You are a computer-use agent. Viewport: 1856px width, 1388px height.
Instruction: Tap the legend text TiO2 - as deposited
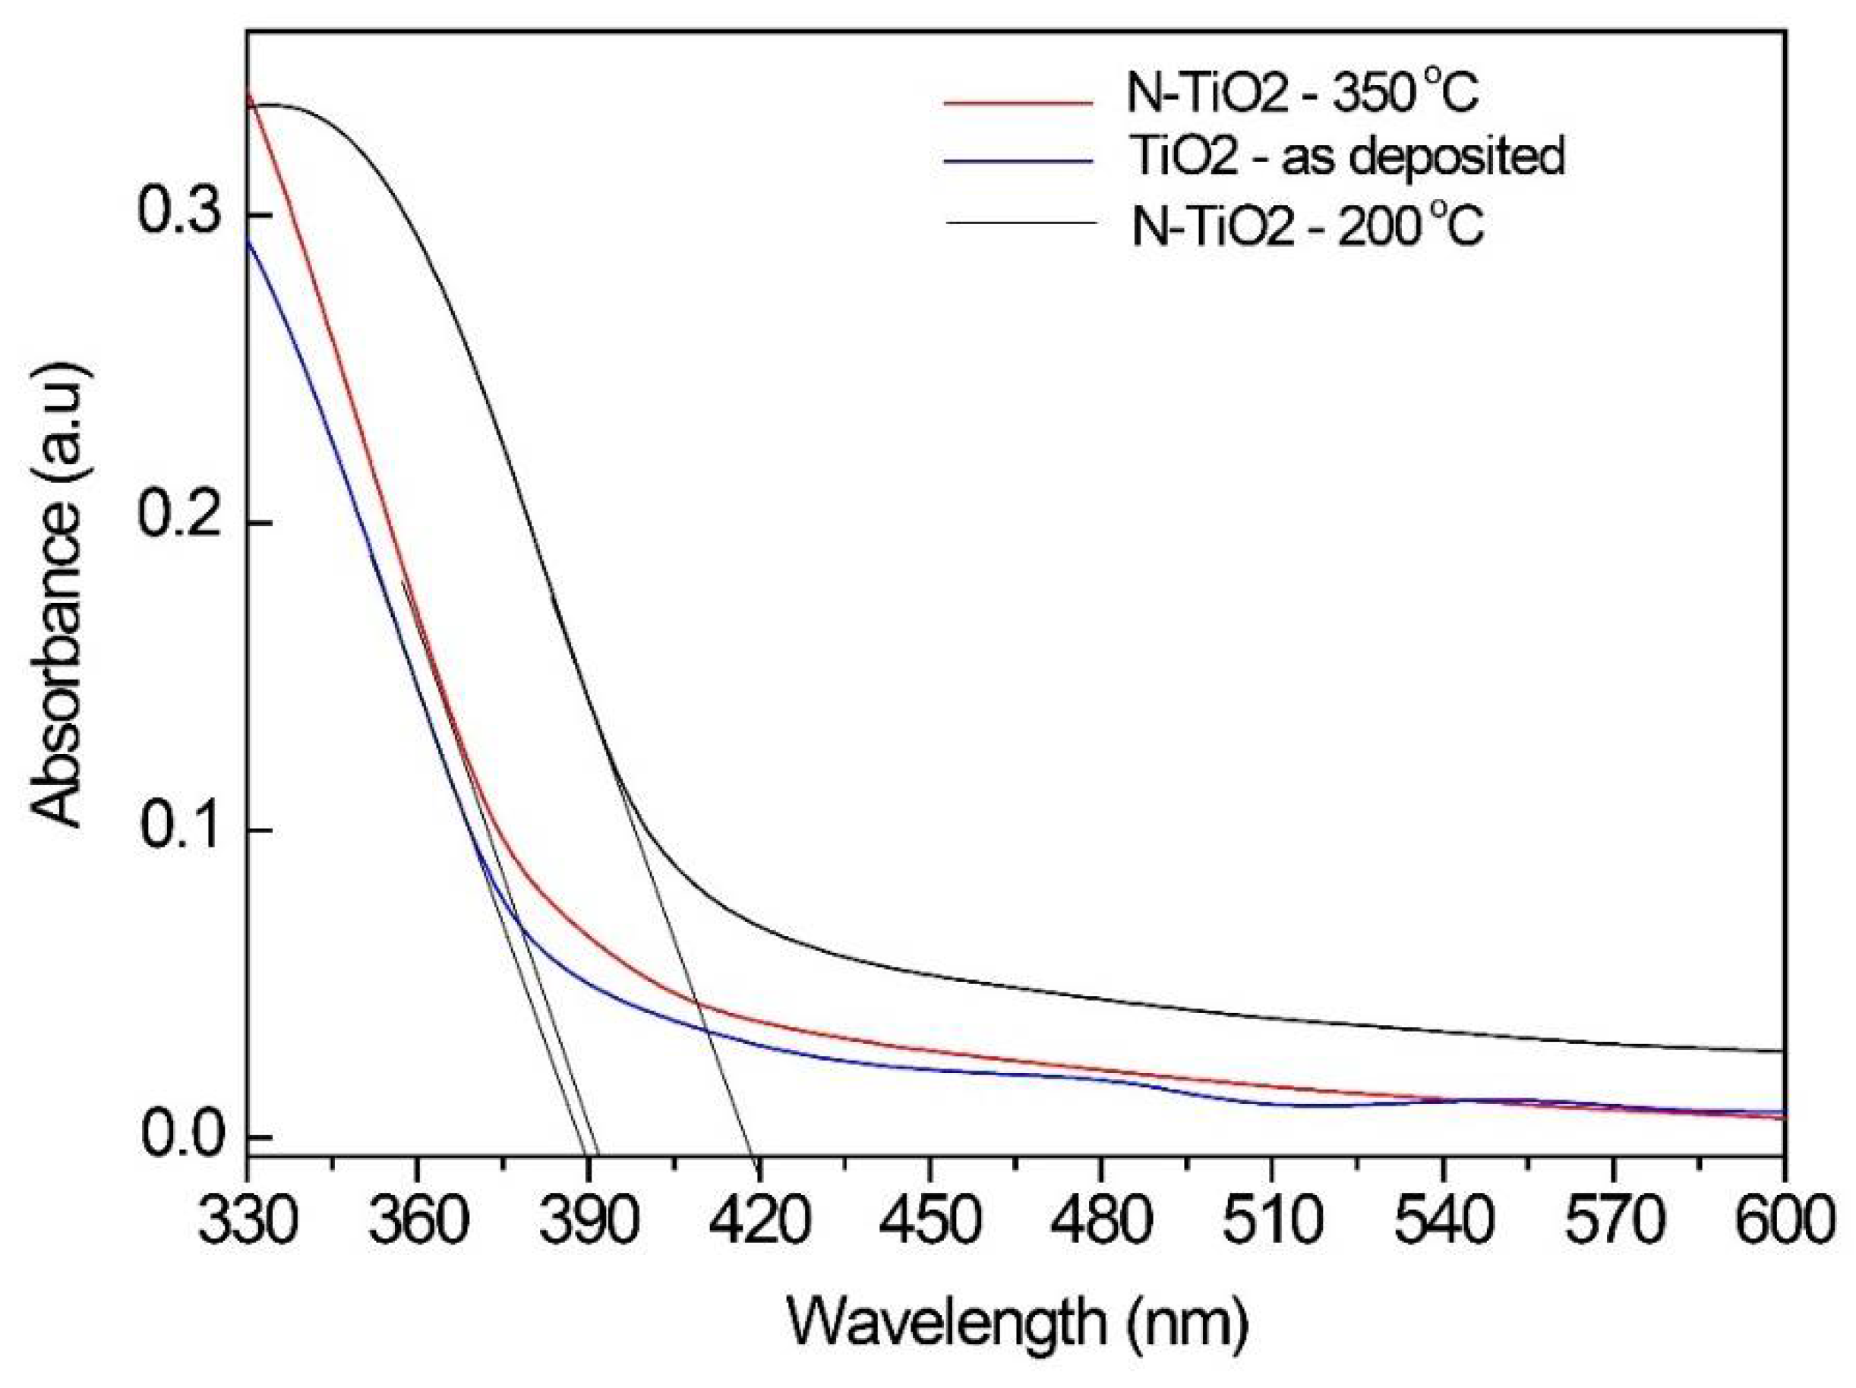tap(1346, 157)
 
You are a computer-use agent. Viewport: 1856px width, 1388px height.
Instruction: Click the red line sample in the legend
tap(1019, 103)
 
